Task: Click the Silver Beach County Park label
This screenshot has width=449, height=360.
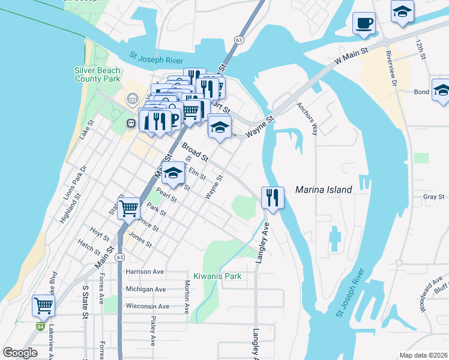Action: [x=97, y=74]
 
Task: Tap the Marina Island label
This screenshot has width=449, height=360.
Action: [x=324, y=190]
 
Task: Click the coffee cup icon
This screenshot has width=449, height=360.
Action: [x=364, y=24]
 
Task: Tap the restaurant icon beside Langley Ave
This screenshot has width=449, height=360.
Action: [x=273, y=197]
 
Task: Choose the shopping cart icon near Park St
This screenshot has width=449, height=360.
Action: [x=128, y=209]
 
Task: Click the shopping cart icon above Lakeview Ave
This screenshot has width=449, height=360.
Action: [x=43, y=305]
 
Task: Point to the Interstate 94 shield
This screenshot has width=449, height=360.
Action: [x=40, y=327]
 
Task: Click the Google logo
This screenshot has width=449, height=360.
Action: [x=20, y=353]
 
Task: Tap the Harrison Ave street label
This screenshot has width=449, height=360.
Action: [x=145, y=272]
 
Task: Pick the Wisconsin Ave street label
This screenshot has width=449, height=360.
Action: [x=147, y=307]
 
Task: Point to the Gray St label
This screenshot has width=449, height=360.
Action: [x=433, y=196]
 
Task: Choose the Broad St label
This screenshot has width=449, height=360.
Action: [x=194, y=152]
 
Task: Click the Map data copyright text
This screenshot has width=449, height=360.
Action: [x=424, y=355]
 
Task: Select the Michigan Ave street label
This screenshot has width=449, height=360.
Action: [x=146, y=289]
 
